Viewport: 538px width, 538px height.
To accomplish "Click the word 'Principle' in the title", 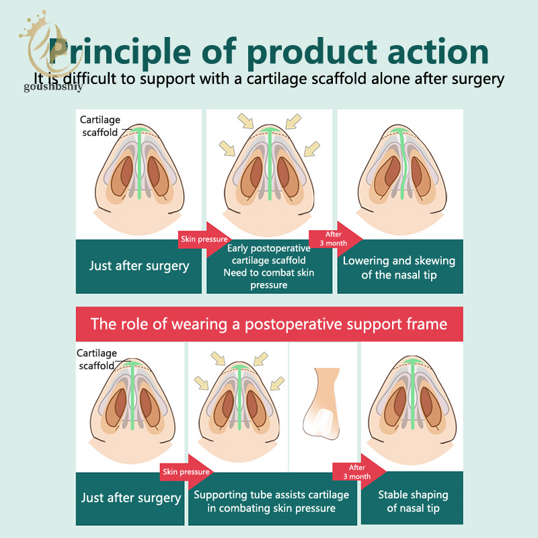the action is coord(120,52).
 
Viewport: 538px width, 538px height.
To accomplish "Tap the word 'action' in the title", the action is coord(438,52).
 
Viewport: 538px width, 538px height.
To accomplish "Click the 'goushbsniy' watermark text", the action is coord(53,87).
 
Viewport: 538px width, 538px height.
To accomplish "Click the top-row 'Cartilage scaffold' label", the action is coord(100,126).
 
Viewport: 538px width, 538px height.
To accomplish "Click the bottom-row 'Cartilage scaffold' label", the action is coord(97,359).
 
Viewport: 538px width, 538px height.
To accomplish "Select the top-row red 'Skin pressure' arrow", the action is coord(204,239).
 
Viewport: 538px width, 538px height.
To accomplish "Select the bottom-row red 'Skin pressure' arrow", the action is coord(186,472).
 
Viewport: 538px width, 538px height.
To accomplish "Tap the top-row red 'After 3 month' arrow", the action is coord(335,239).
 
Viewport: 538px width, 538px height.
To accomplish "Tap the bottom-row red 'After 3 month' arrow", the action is coord(359,472).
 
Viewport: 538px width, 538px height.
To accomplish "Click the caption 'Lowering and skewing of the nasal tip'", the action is coord(399,268).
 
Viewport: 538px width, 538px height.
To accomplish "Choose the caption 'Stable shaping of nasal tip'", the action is coord(413,501).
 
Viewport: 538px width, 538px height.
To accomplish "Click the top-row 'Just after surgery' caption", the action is coord(139,266).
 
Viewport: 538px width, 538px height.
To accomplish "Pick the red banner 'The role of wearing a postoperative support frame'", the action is coord(270,324).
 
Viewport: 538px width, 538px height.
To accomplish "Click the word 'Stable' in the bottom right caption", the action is coord(393,495).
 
